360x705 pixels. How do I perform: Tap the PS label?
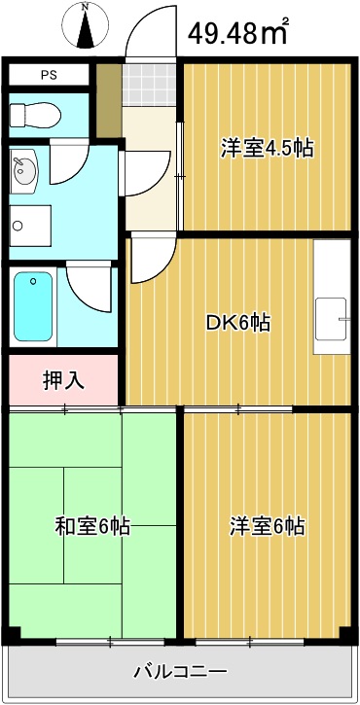click(x=48, y=75)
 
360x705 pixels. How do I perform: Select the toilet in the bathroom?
click(x=34, y=115)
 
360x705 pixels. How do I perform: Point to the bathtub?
click(x=34, y=305)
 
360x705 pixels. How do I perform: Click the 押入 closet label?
click(x=63, y=379)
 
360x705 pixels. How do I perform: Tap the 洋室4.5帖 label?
click(x=266, y=149)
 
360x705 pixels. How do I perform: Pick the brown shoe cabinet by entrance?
click(x=109, y=100)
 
